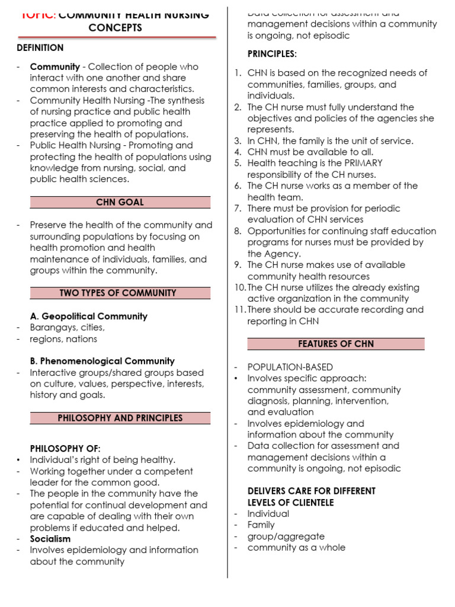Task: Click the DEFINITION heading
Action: click(40, 47)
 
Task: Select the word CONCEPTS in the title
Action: click(116, 28)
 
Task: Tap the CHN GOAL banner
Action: click(120, 202)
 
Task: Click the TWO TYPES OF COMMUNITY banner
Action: click(120, 293)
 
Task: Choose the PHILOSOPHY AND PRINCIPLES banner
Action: click(120, 418)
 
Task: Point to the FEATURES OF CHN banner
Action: click(336, 344)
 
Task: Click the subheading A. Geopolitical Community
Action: click(89, 317)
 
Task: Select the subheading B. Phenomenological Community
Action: click(102, 361)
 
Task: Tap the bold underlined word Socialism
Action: click(50, 539)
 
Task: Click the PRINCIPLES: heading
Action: click(272, 55)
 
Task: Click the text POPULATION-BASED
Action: click(290, 368)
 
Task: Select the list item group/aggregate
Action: click(278, 536)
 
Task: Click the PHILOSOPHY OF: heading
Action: click(65, 448)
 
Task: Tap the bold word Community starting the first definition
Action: click(55, 67)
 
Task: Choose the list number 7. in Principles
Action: click(238, 209)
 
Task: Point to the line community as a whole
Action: click(296, 548)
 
